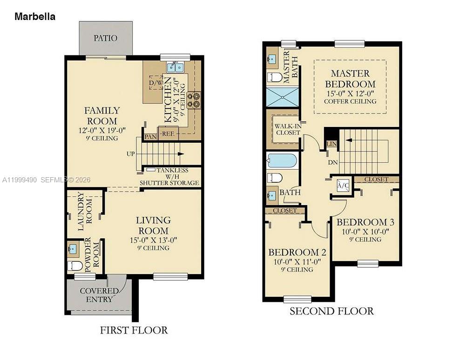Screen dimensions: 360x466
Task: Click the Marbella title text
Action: pos(35,17)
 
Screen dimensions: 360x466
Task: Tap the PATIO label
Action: pos(105,38)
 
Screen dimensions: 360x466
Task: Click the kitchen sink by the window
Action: pos(175,67)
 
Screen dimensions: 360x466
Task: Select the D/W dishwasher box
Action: pos(155,83)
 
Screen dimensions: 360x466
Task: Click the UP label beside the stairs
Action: pos(130,153)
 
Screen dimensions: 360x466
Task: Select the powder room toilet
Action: pos(75,266)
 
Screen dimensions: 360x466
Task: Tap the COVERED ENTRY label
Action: pos(96,295)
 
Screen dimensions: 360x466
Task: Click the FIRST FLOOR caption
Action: pos(134,330)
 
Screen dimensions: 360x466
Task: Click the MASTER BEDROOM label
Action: pos(350,79)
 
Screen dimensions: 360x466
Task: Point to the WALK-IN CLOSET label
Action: pos(287,129)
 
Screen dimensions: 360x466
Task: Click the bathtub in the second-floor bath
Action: pos(282,161)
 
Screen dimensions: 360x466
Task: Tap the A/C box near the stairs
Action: pos(343,186)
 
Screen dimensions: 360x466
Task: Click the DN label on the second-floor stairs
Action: pos(332,163)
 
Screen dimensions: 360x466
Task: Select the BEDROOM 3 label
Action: pos(362,222)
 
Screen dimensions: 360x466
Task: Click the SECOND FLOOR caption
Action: pos(331,311)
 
